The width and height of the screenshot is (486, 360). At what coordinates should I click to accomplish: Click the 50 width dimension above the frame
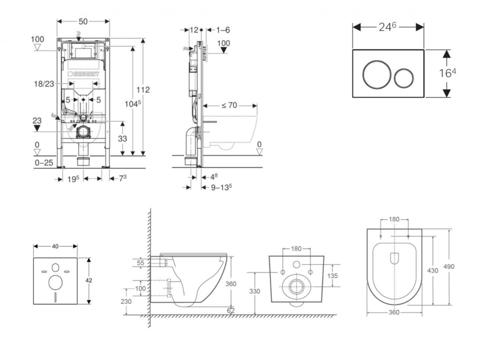click(x=83, y=22)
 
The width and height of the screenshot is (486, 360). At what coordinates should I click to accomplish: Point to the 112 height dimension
click(x=143, y=90)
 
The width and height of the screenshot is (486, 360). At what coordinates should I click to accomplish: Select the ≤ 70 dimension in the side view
click(x=229, y=105)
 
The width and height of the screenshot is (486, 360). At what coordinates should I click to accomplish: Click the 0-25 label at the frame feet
click(x=43, y=163)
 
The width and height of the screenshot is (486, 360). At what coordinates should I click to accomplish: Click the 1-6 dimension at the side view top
click(x=223, y=30)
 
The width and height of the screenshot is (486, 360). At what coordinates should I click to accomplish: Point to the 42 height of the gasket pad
click(x=89, y=281)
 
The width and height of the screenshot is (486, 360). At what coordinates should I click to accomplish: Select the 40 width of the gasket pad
click(x=55, y=246)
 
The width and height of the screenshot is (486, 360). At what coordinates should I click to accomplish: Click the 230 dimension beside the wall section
click(x=126, y=301)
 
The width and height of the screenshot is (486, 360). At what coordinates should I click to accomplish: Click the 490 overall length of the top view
click(x=449, y=266)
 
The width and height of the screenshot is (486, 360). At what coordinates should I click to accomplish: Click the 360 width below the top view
click(x=394, y=312)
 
